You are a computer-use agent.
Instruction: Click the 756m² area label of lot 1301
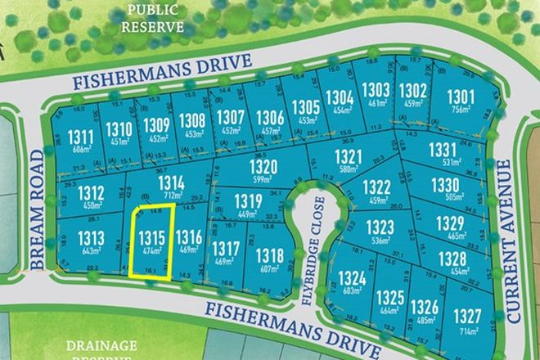461,112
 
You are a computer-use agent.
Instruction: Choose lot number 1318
269,256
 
